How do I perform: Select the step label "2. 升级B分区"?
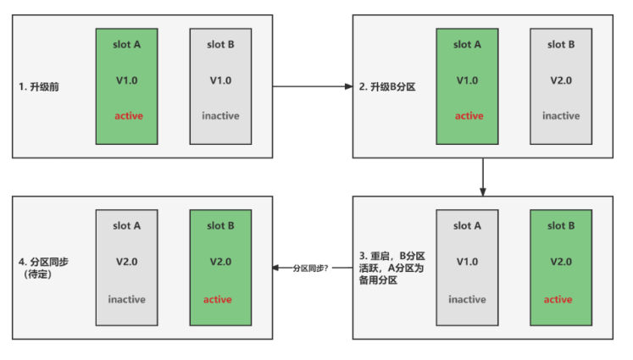click(394, 87)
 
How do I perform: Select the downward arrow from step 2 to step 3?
click(482, 176)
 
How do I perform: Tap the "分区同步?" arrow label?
click(310, 268)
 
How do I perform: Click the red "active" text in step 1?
click(129, 116)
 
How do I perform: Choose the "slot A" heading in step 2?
click(467, 44)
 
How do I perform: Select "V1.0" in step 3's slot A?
click(467, 262)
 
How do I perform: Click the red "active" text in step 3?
click(558, 299)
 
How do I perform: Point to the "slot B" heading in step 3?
click(558, 225)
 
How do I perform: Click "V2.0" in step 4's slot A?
click(126, 262)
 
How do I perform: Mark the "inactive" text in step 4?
click(126, 299)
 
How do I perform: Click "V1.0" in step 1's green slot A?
click(129, 80)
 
